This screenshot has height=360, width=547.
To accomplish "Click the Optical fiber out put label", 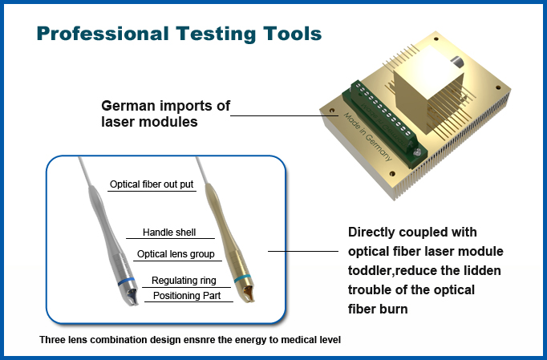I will tap(152, 184).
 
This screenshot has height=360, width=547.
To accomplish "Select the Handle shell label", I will tap(168, 233).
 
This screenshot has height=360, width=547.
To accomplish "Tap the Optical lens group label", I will tap(176, 254).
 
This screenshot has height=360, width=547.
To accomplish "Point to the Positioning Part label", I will tap(186, 295).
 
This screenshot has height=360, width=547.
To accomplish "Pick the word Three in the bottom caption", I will tap(54, 340).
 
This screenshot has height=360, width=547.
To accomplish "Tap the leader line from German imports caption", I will tap(281, 115).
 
